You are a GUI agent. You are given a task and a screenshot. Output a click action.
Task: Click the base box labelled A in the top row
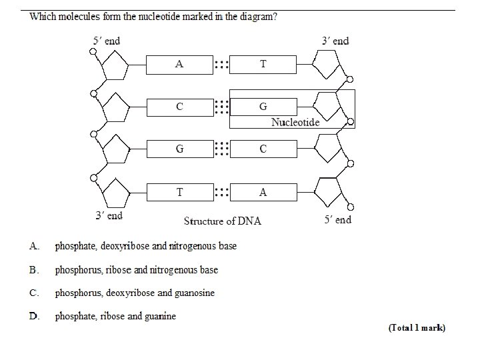click(179, 64)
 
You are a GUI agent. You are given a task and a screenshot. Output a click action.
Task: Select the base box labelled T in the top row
click(263, 64)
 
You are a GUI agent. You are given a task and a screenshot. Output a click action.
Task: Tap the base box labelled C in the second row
click(179, 107)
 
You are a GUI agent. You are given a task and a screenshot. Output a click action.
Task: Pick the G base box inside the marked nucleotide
click(263, 107)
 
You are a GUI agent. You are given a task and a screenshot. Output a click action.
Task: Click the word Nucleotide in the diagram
click(295, 122)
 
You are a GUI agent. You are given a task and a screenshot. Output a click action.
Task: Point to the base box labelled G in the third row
click(179, 149)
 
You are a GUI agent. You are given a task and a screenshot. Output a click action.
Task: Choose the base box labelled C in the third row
click(263, 149)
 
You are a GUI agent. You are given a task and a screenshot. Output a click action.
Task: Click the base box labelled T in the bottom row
click(179, 192)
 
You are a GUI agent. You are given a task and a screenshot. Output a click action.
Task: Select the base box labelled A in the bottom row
click(263, 192)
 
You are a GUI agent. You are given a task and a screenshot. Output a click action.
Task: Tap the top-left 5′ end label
click(106, 41)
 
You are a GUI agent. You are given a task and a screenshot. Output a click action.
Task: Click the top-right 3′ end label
click(335, 41)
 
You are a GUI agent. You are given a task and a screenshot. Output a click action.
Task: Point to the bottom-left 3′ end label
click(109, 215)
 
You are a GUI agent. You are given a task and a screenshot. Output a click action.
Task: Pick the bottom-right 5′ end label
click(337, 219)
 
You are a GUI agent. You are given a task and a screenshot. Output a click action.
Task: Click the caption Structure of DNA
click(223, 221)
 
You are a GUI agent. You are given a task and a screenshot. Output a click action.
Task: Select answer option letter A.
click(33, 246)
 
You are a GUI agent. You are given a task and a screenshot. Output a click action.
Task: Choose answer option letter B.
click(33, 270)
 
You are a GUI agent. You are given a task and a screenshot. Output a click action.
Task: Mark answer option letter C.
click(33, 293)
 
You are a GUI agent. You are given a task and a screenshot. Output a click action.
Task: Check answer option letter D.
click(33, 316)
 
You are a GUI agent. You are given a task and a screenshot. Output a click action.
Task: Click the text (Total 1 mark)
click(417, 327)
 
